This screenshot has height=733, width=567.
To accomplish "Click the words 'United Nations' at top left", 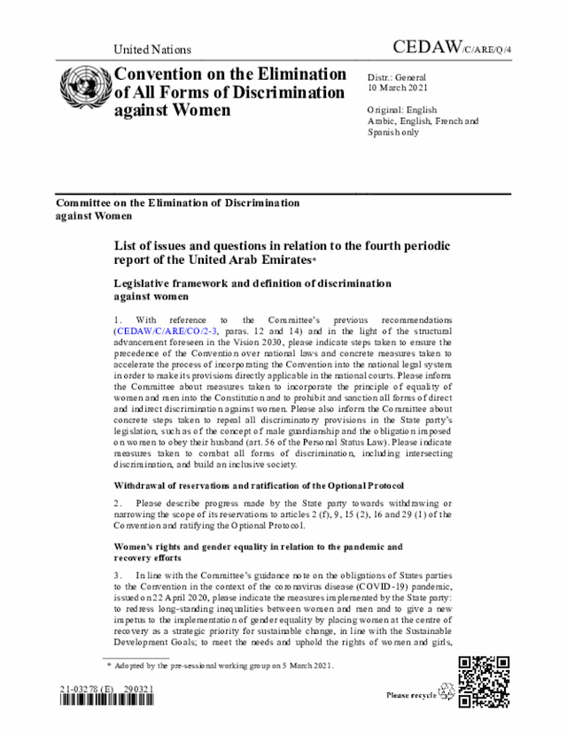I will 151,50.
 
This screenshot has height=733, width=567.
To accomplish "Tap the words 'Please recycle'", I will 411,696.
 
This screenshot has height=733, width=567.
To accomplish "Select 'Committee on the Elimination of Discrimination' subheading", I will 177,203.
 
